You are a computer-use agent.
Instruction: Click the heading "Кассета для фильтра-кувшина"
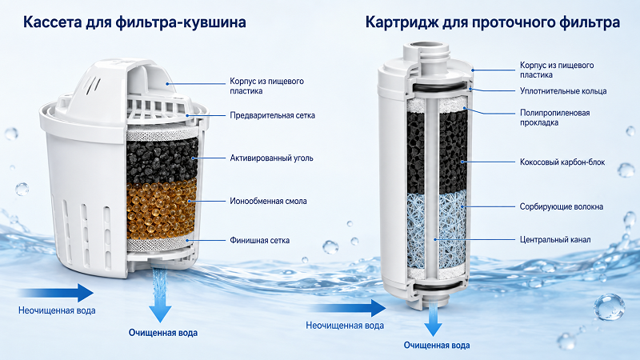[134, 22]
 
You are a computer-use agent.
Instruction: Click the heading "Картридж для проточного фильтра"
[493, 22]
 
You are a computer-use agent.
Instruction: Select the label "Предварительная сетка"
[272, 115]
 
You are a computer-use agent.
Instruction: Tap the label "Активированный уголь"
[271, 158]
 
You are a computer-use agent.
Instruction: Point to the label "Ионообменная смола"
[268, 201]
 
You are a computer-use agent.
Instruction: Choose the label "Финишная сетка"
[259, 240]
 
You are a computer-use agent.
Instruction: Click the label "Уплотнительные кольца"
[563, 91]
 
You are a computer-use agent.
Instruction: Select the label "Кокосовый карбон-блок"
[562, 162]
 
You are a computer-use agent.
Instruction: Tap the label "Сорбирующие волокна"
[562, 206]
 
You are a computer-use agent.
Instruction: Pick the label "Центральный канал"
[555, 239]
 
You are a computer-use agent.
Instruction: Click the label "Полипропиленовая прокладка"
[554, 118]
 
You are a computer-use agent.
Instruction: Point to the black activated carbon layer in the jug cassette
[162, 161]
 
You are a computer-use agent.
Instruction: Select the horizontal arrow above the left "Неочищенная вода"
[56, 293]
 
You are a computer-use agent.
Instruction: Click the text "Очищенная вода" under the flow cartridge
[437, 346]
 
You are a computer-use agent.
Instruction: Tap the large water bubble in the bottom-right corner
[609, 307]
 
